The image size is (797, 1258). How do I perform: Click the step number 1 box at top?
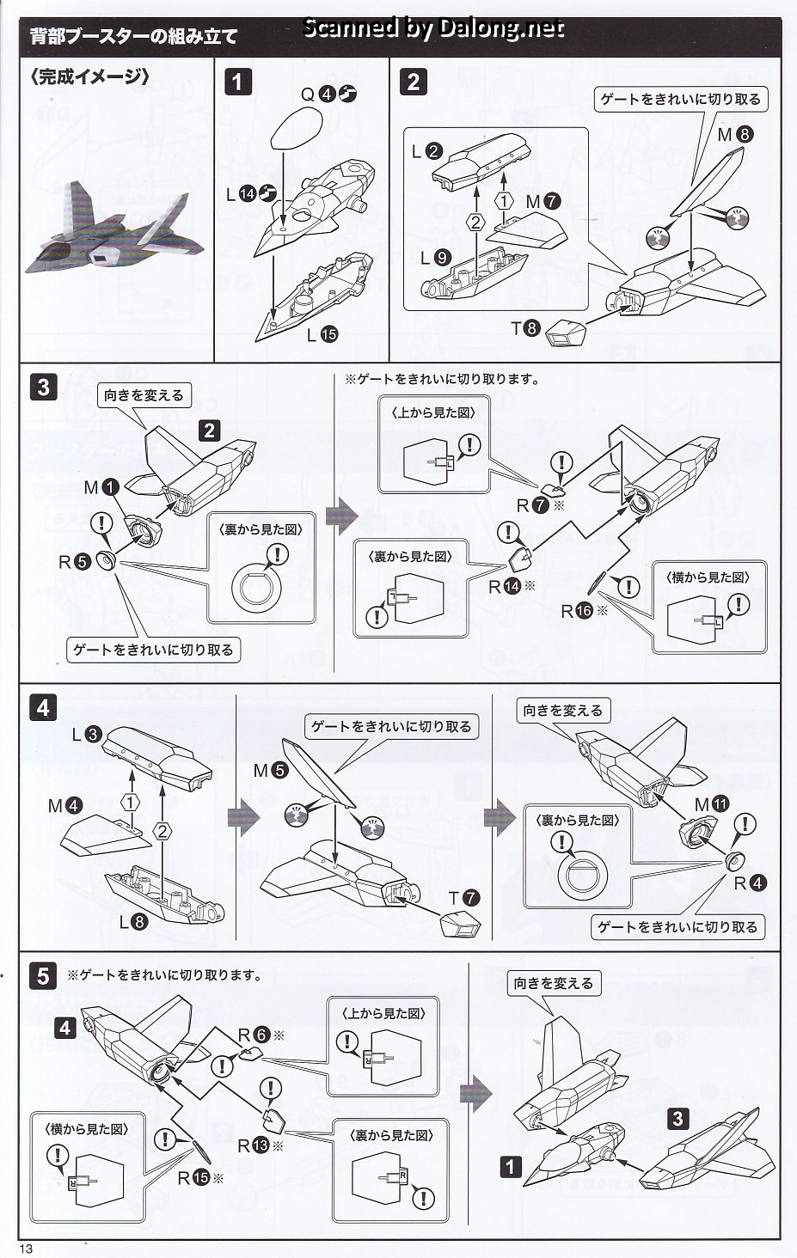(237, 82)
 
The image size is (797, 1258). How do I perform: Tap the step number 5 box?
(43, 976)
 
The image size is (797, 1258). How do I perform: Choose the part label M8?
(735, 134)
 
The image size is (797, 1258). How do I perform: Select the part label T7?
(463, 899)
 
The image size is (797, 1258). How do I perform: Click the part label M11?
(711, 804)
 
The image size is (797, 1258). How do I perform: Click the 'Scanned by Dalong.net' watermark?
(433, 28)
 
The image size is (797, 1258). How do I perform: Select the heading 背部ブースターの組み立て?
(133, 37)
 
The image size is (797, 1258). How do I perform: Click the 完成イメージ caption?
(89, 76)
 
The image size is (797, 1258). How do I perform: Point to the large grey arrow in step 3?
(341, 516)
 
